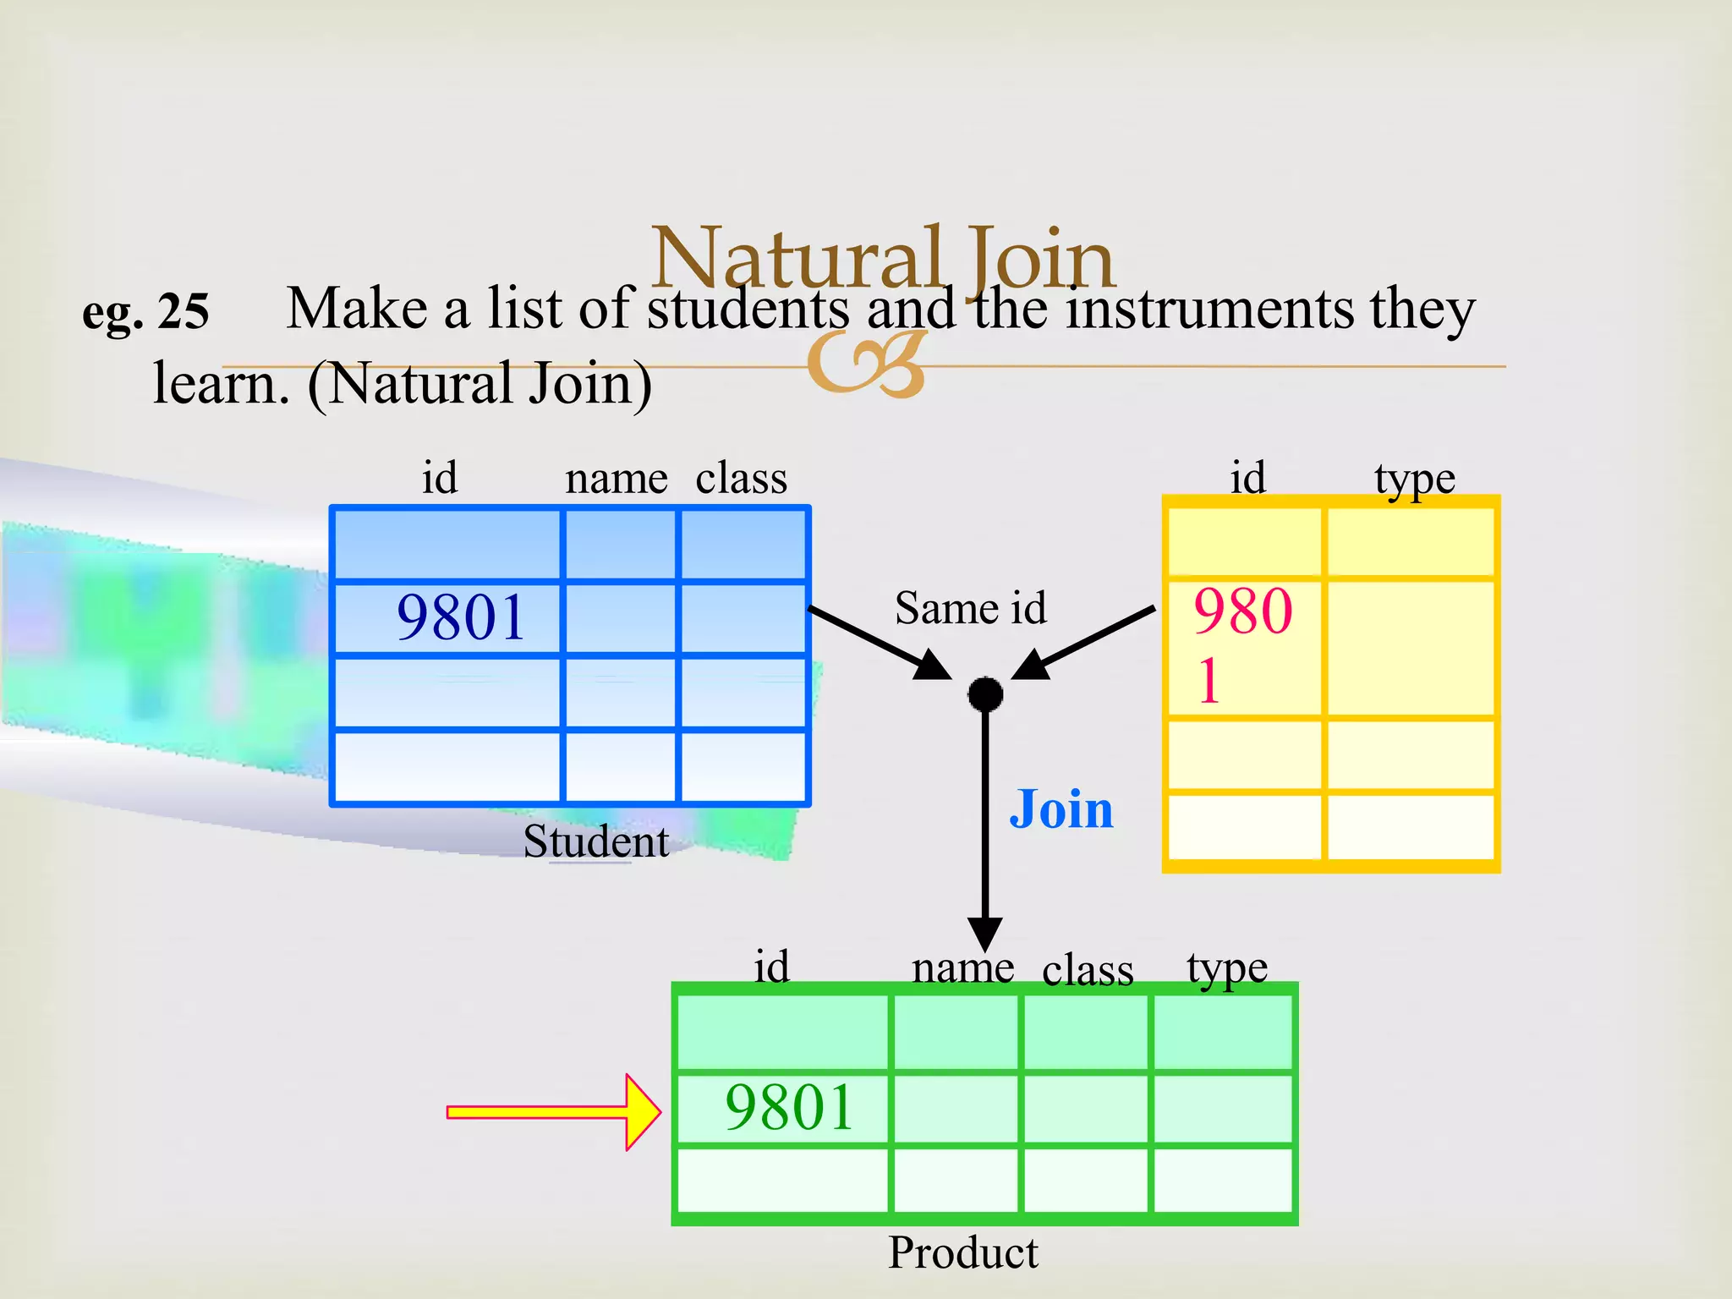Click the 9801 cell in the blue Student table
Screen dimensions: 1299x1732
pos(460,617)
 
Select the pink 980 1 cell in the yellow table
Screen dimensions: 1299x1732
pos(1242,646)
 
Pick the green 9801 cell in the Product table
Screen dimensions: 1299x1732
pos(789,1107)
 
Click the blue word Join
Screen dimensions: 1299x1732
pos(1061,809)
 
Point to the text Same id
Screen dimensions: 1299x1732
pos(970,608)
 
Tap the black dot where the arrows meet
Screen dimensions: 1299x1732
pos(985,694)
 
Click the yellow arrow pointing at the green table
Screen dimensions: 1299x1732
pos(554,1111)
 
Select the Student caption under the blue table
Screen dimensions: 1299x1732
pos(595,841)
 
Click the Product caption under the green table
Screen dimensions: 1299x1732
pos(962,1252)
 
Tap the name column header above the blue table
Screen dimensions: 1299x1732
pos(617,479)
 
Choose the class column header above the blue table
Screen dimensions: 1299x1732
pos(741,479)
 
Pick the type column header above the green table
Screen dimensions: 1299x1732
pos(1226,968)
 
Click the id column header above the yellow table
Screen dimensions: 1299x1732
pos(1247,478)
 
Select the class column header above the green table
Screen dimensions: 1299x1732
pos(1088,970)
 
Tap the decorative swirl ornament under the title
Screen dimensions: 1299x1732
pos(867,364)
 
